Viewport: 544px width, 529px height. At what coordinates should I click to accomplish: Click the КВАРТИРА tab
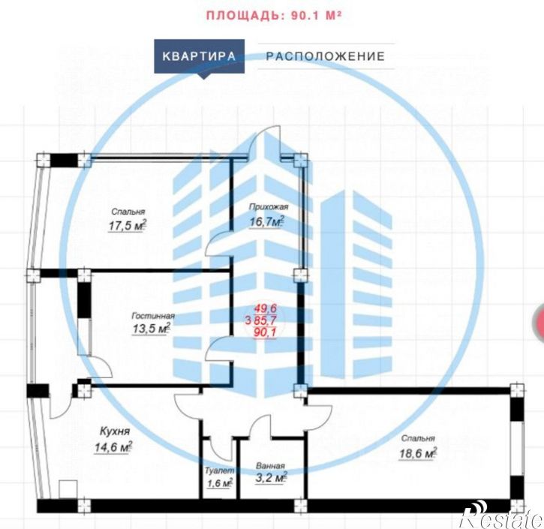pyautogui.click(x=199, y=56)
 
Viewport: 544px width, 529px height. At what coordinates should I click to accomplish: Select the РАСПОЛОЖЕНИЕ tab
pyautogui.click(x=325, y=56)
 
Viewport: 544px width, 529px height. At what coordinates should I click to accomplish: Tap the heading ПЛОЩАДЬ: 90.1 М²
pyautogui.click(x=274, y=14)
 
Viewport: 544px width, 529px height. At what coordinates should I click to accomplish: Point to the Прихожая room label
pyautogui.click(x=269, y=207)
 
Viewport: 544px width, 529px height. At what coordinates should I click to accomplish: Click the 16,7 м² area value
pyautogui.click(x=266, y=221)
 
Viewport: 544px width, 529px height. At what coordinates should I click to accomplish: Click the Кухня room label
pyautogui.click(x=115, y=432)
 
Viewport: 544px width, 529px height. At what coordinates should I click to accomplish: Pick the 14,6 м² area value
pyautogui.click(x=113, y=447)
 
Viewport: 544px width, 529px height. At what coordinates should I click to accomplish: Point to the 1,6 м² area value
pyautogui.click(x=218, y=483)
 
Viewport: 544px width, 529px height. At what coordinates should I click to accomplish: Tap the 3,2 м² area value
pyautogui.click(x=269, y=478)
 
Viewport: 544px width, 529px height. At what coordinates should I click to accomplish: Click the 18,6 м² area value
pyautogui.click(x=418, y=452)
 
